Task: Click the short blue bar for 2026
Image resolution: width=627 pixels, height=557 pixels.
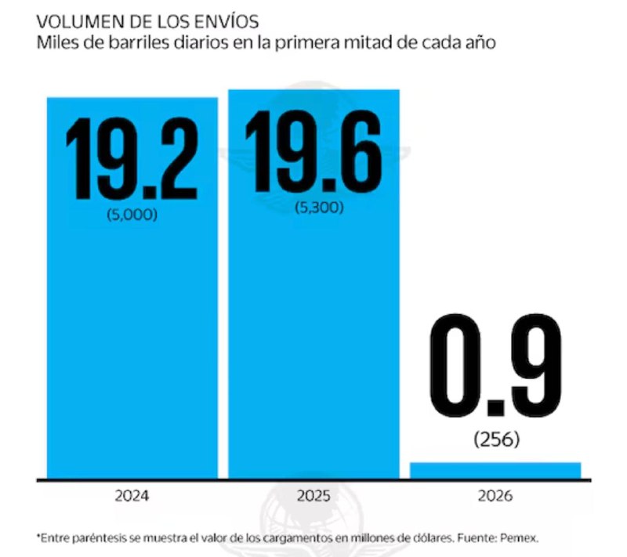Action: tap(495, 470)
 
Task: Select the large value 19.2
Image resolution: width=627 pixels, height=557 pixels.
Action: tap(132, 158)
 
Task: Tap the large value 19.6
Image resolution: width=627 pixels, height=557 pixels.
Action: tap(313, 151)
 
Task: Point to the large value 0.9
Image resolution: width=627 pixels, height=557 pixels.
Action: tap(496, 366)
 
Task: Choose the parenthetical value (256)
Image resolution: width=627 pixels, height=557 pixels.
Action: tap(497, 439)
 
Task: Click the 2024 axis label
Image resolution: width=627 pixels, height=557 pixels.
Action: tap(132, 496)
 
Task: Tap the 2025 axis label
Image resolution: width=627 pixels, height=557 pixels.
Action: tap(313, 496)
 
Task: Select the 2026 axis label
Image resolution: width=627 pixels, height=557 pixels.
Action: tap(495, 496)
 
